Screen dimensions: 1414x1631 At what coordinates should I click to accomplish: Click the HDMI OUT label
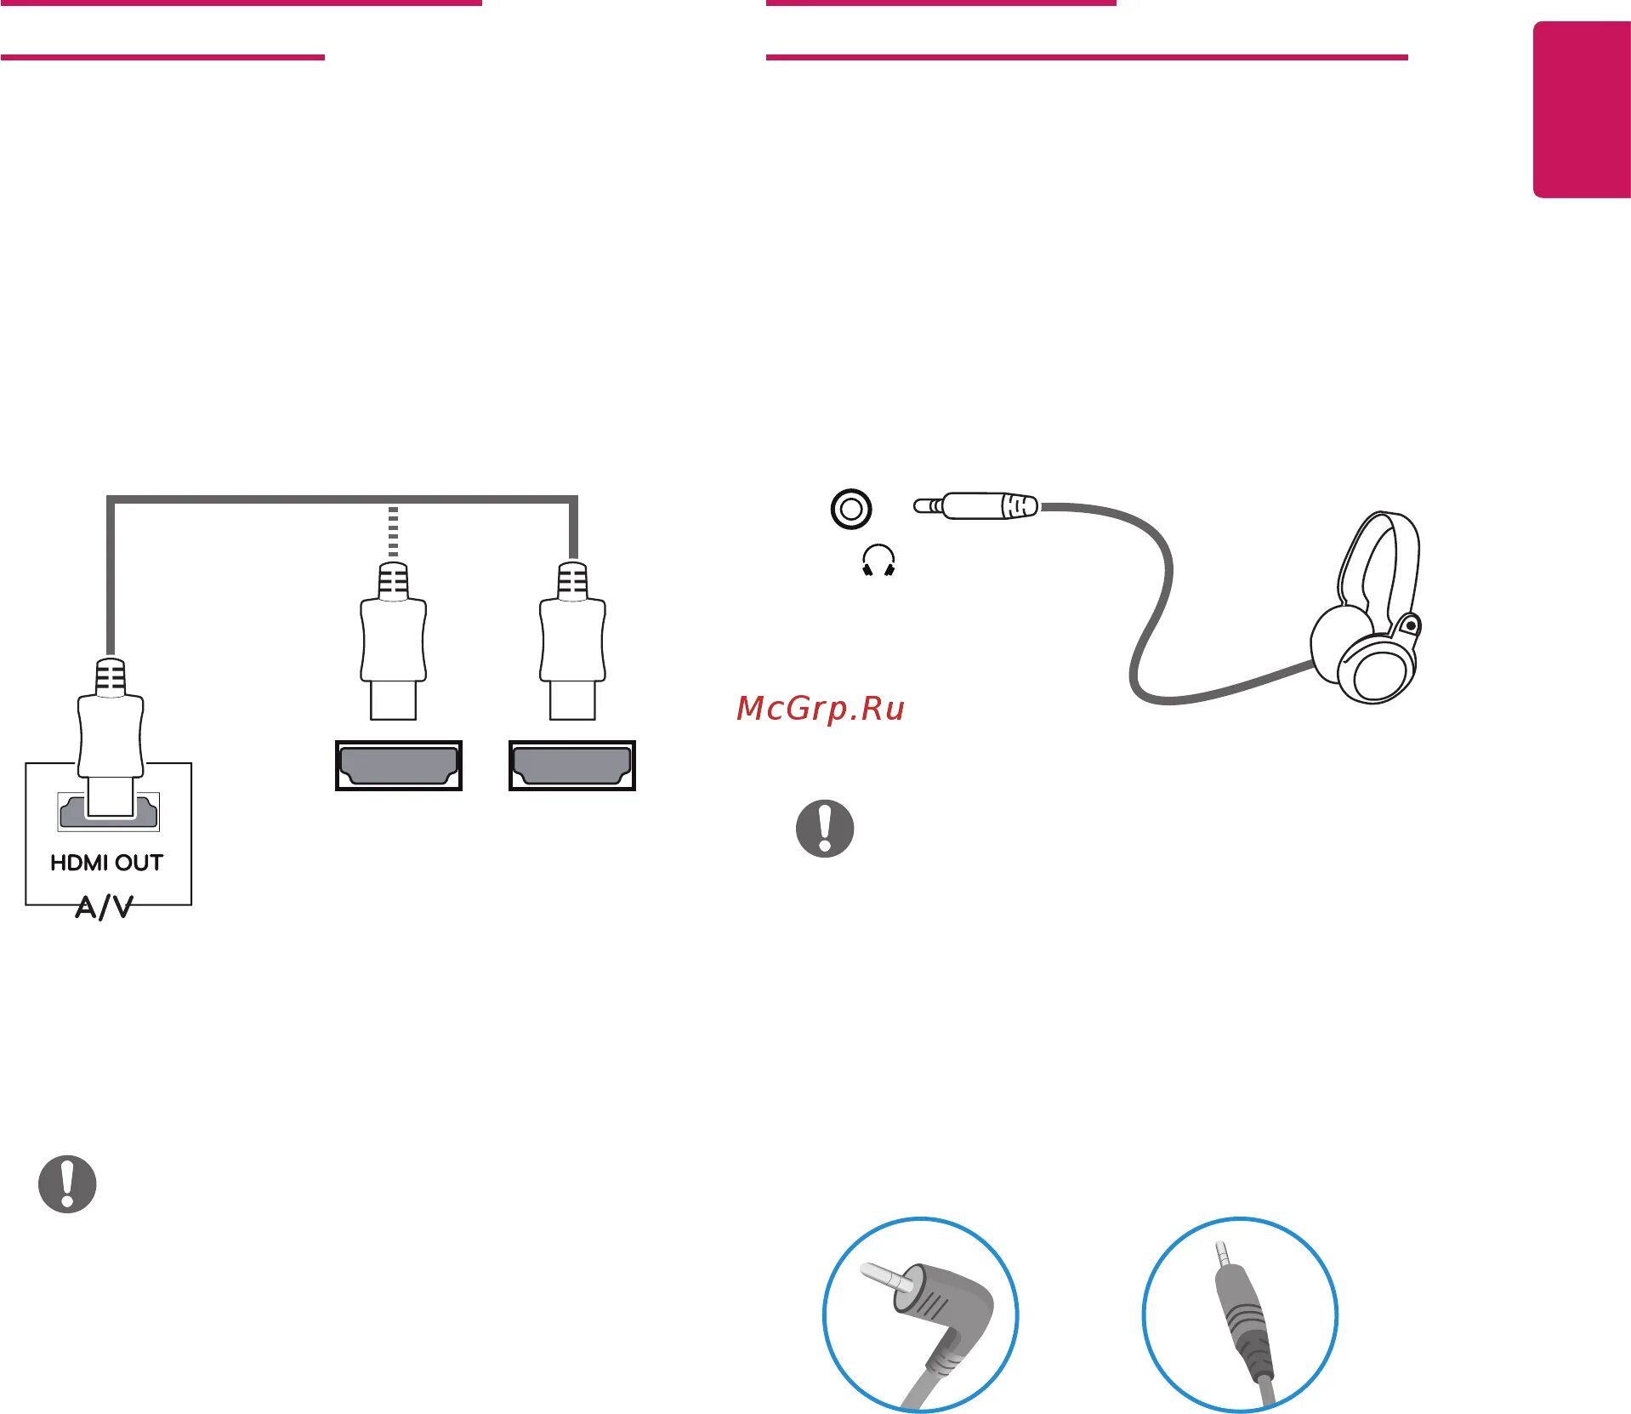106,863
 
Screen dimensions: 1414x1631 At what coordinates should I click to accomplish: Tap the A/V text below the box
104,907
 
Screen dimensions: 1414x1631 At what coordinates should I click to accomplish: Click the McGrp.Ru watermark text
821,708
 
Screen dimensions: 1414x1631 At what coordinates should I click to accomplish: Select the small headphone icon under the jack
878,562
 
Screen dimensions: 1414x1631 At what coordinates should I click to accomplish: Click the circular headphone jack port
850,509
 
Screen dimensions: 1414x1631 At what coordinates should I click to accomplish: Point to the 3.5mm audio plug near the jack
978,506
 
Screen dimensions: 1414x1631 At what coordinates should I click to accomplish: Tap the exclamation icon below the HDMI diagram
67,1183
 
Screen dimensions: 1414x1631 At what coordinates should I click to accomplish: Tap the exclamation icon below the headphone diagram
825,828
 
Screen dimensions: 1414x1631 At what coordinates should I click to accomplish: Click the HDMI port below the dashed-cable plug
398,765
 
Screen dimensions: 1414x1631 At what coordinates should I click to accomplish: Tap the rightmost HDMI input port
571,765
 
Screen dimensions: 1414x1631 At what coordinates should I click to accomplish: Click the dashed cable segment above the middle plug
393,532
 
